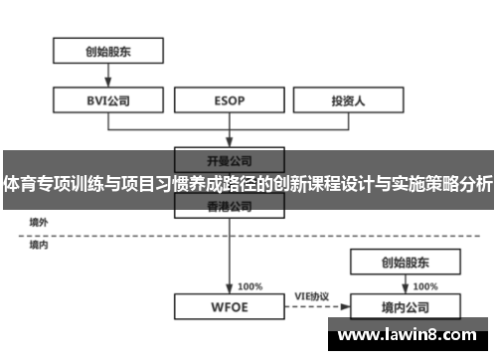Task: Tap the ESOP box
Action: [x=231, y=99]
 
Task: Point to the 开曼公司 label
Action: [x=230, y=159]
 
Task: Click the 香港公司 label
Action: [x=230, y=207]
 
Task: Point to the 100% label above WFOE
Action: [x=249, y=285]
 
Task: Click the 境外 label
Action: [x=39, y=223]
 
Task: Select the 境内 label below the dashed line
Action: [x=39, y=244]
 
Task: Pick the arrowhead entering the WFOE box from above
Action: [x=231, y=289]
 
